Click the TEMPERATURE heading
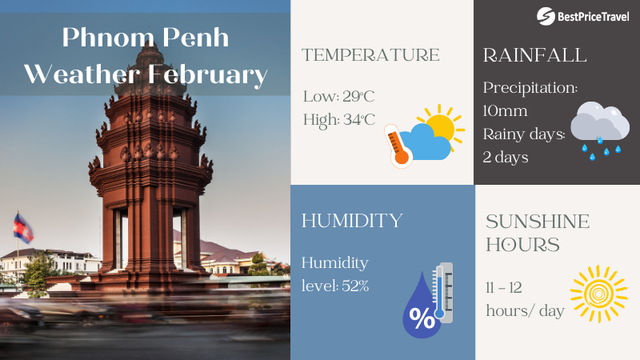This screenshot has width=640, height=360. point(370,55)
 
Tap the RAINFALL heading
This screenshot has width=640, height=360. point(535,55)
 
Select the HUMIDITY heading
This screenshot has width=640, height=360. point(352,221)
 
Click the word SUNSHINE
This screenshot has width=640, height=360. point(538,222)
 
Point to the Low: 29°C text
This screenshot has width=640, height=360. point(338,97)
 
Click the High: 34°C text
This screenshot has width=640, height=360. point(340,120)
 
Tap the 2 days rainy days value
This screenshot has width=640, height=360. point(506,156)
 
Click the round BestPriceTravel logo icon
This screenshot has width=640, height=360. point(546,16)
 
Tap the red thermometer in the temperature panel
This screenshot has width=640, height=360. point(396,146)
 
